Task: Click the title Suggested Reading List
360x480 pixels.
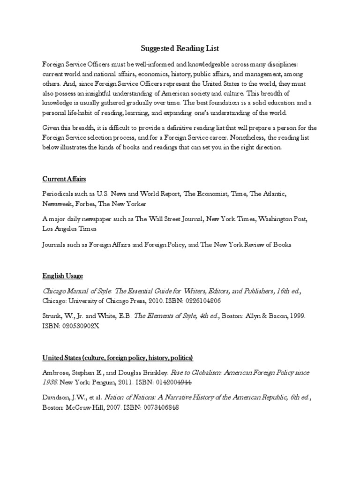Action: (x=180, y=48)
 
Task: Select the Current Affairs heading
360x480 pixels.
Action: (x=64, y=179)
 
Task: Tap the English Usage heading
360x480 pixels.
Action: (x=62, y=276)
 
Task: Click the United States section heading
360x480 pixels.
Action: (x=118, y=358)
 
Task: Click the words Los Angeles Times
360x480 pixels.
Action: (x=69, y=229)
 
